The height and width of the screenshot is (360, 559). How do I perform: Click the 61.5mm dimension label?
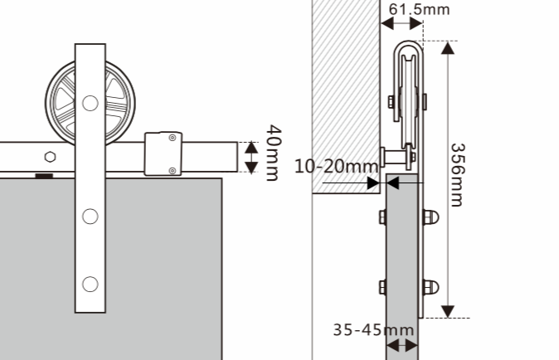point(420,10)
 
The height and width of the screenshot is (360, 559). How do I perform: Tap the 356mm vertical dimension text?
point(457,175)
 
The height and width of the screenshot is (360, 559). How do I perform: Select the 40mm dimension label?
point(274,153)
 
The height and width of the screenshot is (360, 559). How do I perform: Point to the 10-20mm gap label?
point(336,167)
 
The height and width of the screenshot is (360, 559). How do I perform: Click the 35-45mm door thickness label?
point(373,330)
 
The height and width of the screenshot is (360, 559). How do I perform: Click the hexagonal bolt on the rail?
point(51,157)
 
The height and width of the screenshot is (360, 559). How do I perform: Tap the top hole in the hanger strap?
point(90,103)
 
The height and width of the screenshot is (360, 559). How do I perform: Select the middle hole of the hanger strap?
point(90,216)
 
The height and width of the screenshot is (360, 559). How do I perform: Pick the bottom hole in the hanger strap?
point(90,284)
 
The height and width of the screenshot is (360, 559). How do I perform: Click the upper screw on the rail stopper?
point(173,138)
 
